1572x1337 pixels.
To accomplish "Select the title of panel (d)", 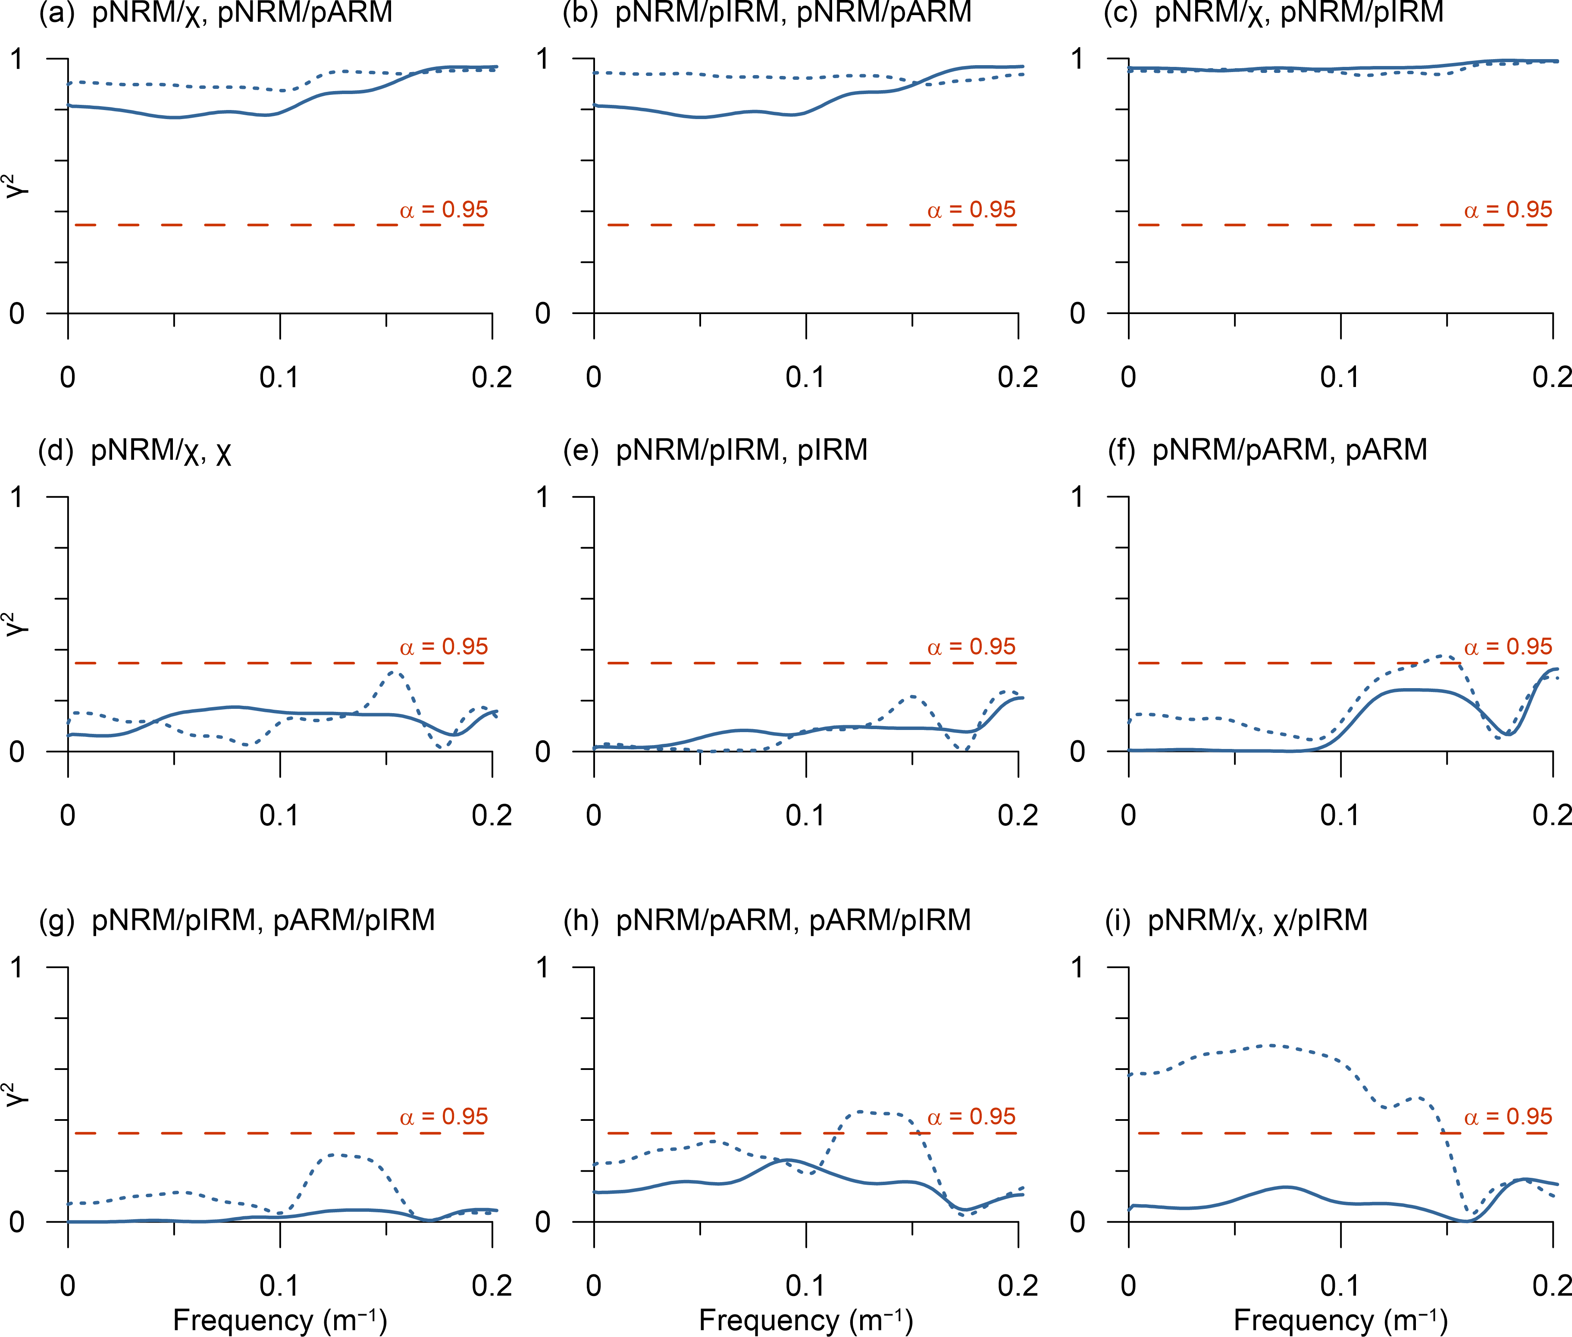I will point(135,450).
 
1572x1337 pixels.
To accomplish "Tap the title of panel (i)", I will point(1237,920).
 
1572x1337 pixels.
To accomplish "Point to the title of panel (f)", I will point(1267,450).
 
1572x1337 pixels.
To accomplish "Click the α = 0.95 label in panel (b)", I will point(971,210).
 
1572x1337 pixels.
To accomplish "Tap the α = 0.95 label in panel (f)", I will point(1508,647).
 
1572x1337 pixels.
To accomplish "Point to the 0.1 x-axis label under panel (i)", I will point(1340,1286).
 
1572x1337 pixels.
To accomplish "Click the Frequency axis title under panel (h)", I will point(805,1320).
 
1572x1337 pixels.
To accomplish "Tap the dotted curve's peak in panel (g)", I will point(337,1155).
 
